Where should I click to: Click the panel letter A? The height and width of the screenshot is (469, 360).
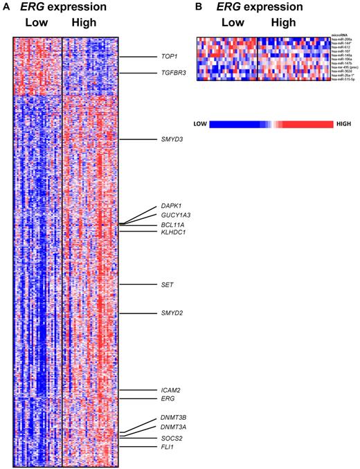coord(6,8)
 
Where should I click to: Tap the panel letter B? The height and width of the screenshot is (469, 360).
coord(199,8)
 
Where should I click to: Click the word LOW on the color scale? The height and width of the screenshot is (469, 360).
coord(200,123)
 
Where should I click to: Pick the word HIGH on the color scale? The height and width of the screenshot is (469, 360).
coord(343,123)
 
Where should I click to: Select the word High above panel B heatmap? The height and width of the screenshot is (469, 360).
coord(282,24)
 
